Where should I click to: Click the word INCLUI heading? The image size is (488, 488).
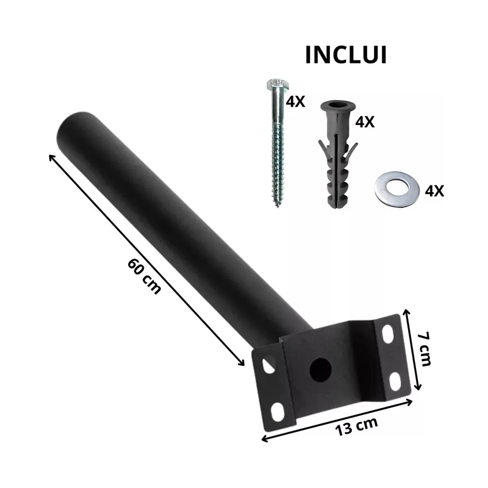346,55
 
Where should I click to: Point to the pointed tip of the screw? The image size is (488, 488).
277,206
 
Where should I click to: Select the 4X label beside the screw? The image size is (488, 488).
295,101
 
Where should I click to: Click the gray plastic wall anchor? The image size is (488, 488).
338,155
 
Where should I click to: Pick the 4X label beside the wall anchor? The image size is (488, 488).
365,121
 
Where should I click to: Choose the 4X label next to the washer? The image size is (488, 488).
434,190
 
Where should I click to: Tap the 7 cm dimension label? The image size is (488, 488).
425,349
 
